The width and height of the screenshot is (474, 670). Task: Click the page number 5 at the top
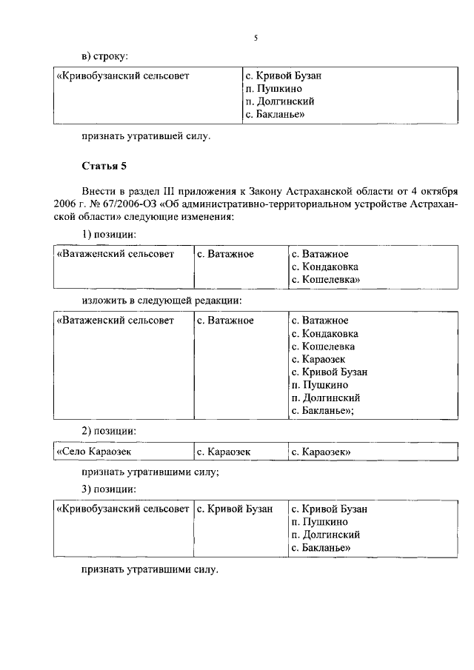255,37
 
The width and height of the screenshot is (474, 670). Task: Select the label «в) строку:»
105,56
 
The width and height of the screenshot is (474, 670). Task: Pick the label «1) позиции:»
109,235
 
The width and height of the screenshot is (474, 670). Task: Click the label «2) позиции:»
109,431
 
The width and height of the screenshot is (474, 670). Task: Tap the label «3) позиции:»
109,489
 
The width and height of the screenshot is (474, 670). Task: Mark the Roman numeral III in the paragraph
164,190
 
